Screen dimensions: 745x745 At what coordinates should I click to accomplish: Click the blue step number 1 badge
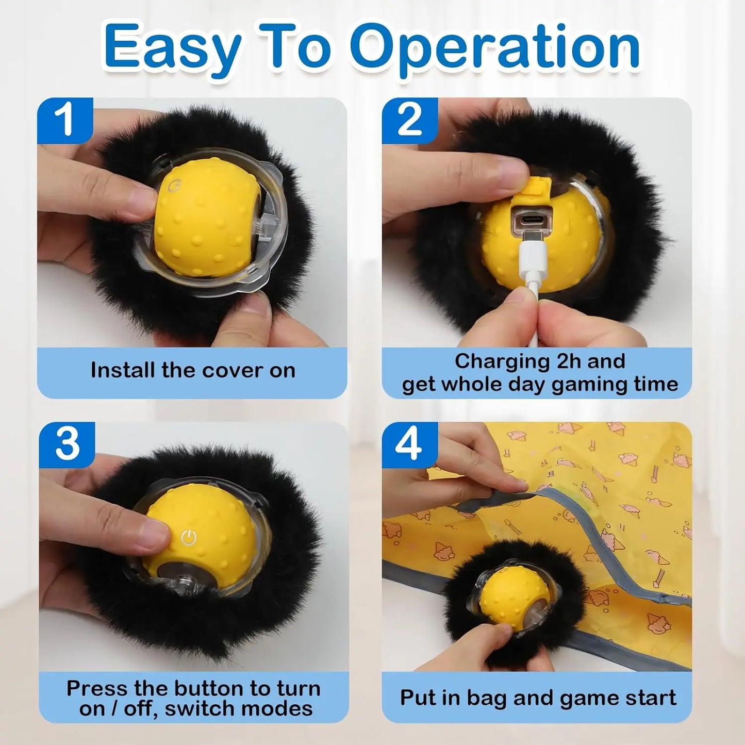(x=65, y=120)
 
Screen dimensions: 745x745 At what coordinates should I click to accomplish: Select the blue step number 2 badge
(x=410, y=120)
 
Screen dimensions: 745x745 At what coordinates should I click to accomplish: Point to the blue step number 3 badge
(x=67, y=444)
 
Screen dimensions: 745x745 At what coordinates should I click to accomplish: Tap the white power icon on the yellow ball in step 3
(x=189, y=538)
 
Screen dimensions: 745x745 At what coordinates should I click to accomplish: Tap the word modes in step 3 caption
(x=287, y=709)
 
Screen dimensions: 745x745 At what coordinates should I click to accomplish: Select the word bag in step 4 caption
(x=488, y=698)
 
